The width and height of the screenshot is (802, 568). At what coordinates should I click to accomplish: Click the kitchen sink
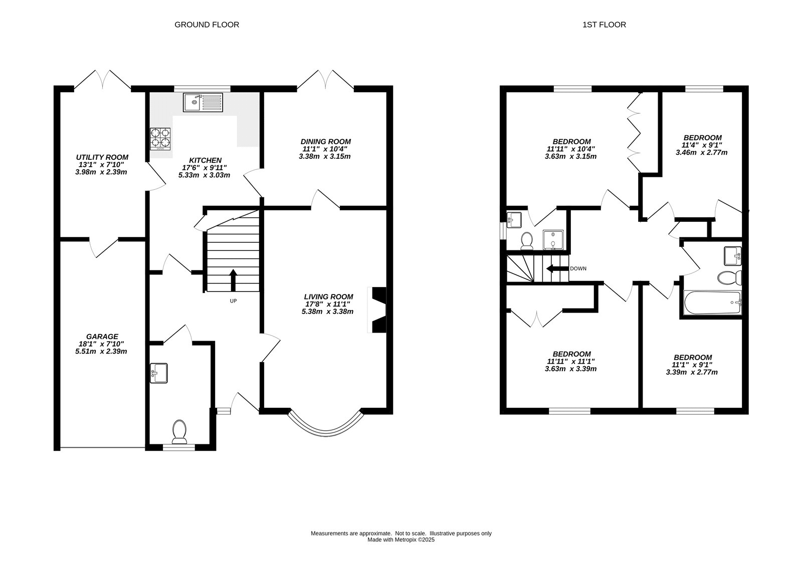tap(203, 102)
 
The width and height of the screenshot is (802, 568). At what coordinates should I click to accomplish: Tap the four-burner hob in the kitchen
tap(160, 139)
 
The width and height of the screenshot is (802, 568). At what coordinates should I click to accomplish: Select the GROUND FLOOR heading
tap(207, 25)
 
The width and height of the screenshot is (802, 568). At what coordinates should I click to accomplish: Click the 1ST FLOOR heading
tap(604, 25)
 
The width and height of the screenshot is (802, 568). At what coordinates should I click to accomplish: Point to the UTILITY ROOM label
tap(102, 157)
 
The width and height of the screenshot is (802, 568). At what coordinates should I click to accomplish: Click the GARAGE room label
tap(102, 337)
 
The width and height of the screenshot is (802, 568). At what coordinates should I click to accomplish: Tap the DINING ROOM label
tap(325, 142)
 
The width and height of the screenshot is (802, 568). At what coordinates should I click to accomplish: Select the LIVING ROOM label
tap(328, 297)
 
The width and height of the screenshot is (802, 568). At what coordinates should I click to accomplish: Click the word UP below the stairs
tap(233, 301)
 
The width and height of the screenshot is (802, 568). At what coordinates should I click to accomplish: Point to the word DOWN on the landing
tap(578, 268)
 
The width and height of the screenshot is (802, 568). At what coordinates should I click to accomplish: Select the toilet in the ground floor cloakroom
tap(179, 432)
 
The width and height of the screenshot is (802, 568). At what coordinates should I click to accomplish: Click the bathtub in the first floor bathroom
tap(712, 303)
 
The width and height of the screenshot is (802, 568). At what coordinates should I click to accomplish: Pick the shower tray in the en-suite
tap(553, 239)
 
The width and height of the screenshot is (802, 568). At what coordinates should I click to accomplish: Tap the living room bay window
tap(325, 430)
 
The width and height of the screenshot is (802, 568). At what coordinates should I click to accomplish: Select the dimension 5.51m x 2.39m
tap(101, 351)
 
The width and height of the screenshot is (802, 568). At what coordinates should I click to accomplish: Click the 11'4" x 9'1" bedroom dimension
tap(702, 145)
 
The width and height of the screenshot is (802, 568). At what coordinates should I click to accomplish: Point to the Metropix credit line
tap(401, 540)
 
